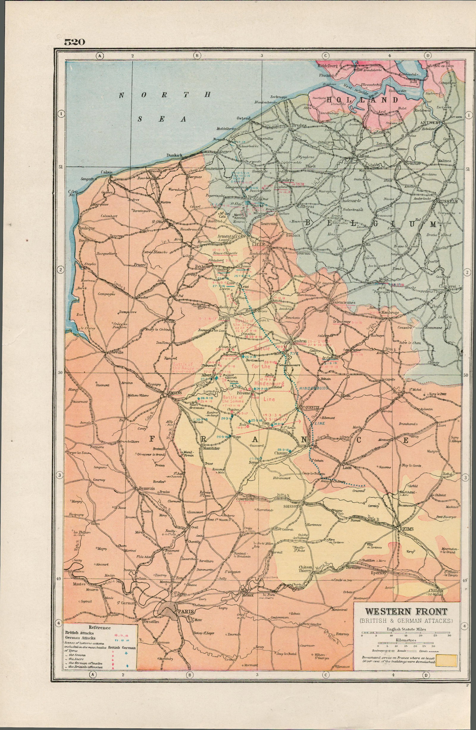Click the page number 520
coord(74,42)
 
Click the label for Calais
coord(107,172)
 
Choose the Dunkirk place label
coord(174,155)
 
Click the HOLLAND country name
coord(363,100)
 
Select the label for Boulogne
coord(87,228)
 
